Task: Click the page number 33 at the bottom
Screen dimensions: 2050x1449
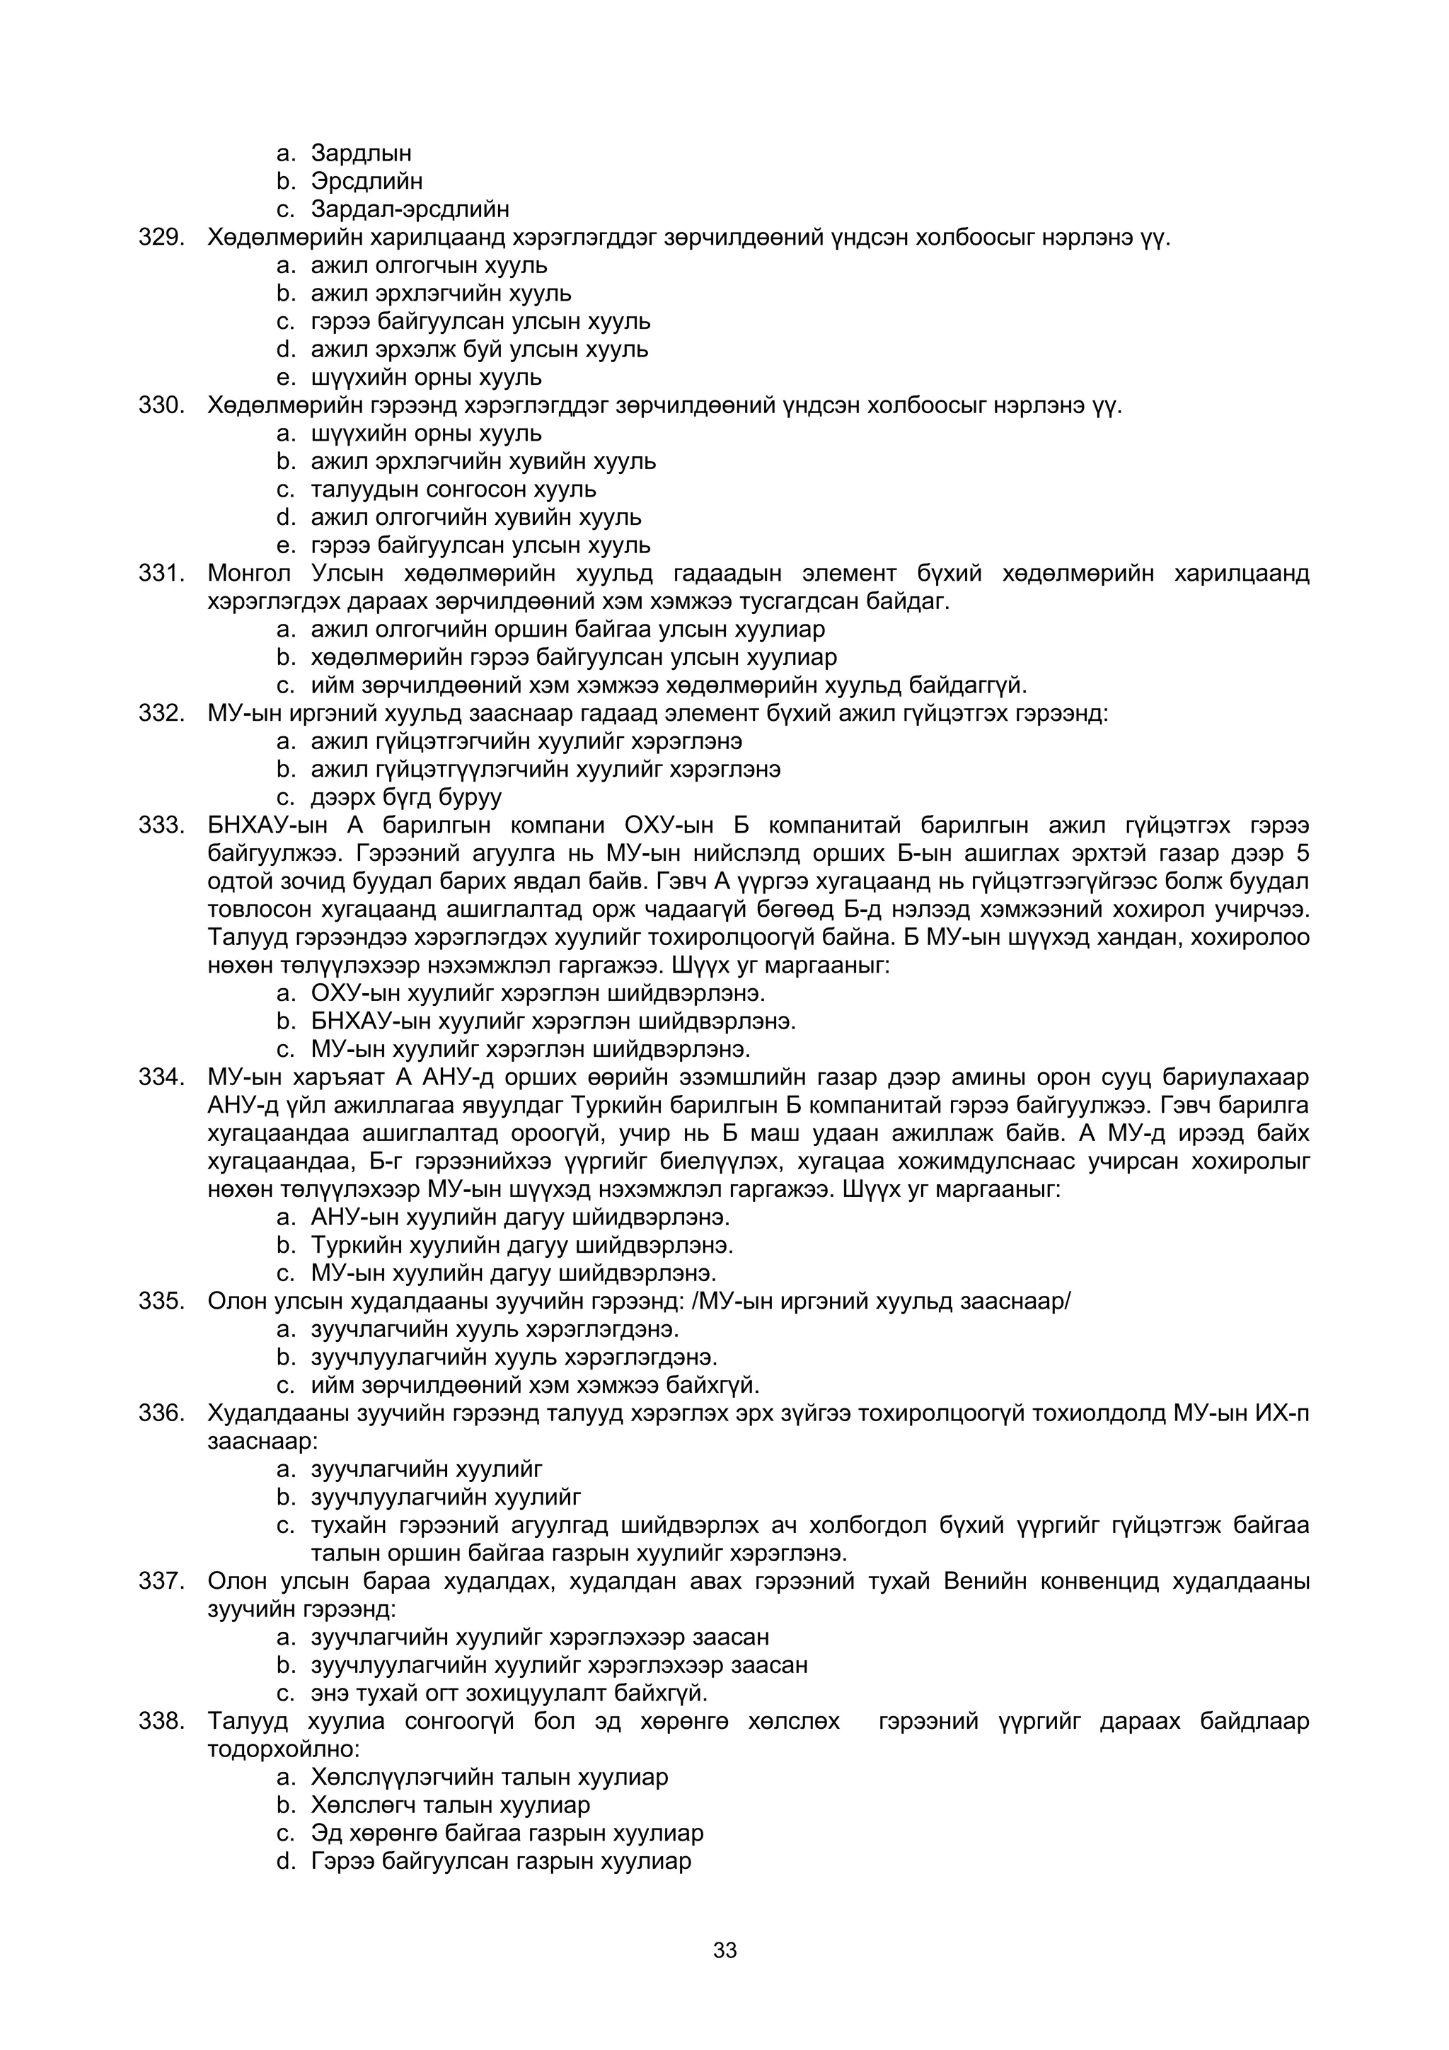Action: pos(724,1950)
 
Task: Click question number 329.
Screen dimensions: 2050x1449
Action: pos(161,238)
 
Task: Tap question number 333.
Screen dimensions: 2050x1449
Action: pos(161,825)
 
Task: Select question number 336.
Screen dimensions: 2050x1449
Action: pos(161,1413)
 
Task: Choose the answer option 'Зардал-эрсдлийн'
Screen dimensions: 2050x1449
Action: pos(410,209)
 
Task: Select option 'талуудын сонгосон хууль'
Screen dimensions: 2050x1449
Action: pos(454,490)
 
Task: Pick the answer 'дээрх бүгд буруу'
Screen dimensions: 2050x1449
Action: pos(406,797)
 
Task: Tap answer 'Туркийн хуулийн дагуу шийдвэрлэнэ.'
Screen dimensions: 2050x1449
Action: pos(521,1245)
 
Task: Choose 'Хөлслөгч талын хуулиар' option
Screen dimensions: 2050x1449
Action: pos(450,1805)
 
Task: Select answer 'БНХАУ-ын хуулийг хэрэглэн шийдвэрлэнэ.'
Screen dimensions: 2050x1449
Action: pos(553,1021)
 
